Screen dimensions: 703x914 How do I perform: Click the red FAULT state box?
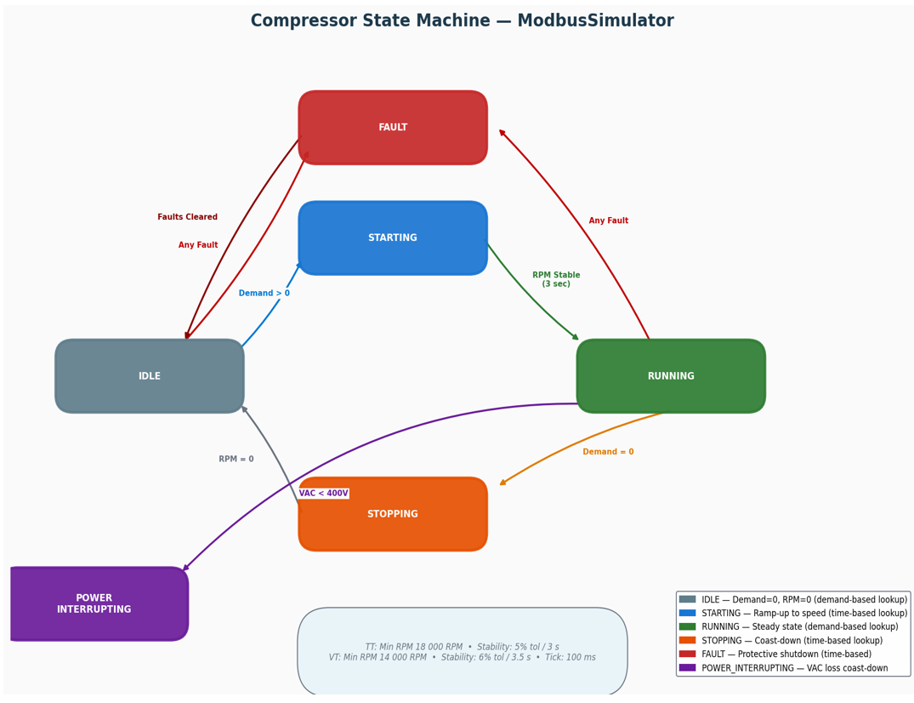[x=393, y=128]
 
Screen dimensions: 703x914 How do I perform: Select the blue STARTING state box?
[x=393, y=238]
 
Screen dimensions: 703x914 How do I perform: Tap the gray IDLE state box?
[x=150, y=376]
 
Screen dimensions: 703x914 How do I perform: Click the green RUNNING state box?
[x=671, y=376]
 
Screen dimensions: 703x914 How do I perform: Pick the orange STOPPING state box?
[x=393, y=514]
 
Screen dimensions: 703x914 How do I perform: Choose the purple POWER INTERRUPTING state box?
[x=95, y=604]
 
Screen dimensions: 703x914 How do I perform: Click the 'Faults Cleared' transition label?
[x=187, y=217]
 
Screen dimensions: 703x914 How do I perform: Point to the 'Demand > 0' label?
[x=264, y=294]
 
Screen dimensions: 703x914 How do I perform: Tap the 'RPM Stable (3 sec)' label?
[x=556, y=279]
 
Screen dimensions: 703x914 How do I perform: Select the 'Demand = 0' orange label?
[x=608, y=452]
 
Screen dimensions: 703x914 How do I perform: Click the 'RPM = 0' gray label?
[x=236, y=460]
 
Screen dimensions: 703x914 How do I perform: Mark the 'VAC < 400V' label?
[x=323, y=494]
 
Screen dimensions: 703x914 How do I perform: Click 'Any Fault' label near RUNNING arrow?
[x=609, y=221]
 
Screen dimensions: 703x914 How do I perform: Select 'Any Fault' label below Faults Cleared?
[x=198, y=245]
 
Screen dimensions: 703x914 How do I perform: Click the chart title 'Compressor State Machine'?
[x=462, y=21]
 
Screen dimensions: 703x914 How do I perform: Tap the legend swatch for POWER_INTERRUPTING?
[x=687, y=668]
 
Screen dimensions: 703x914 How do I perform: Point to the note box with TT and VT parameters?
[x=462, y=652]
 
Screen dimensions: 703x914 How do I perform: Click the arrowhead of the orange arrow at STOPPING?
[x=502, y=483]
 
